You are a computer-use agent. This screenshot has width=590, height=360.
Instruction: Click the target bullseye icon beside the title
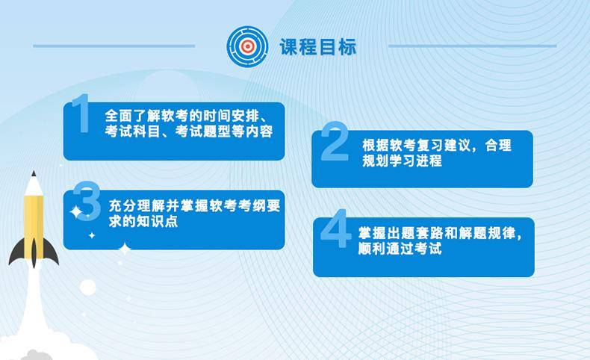247,46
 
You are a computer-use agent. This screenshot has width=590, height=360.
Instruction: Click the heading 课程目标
318,47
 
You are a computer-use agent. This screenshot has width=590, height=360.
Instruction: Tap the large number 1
81,114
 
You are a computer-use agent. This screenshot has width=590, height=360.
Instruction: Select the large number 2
335,141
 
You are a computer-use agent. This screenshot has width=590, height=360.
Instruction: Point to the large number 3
87,201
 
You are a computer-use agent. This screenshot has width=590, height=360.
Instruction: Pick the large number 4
335,229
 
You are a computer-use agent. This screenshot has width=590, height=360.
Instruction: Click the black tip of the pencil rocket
34,173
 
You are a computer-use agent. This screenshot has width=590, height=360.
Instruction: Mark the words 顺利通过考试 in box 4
400,249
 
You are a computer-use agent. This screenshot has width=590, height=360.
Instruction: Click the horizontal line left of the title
114,46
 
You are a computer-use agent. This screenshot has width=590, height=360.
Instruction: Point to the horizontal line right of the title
472,46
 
